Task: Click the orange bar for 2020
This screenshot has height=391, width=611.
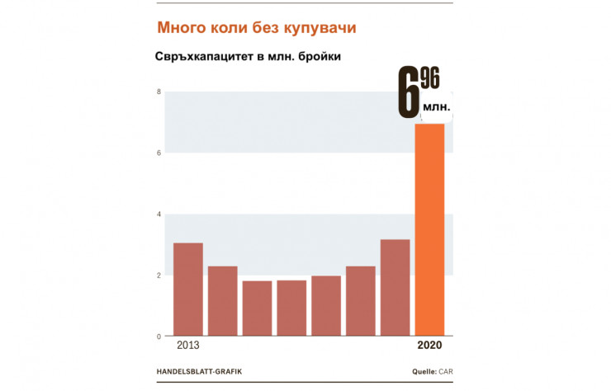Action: tap(429, 230)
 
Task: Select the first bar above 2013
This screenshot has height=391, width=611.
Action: tap(188, 290)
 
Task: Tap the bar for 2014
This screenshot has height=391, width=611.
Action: tap(223, 301)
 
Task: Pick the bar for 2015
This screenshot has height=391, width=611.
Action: tap(257, 309)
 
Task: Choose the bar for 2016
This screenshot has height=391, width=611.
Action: tap(291, 309)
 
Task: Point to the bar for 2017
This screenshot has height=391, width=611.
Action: tap(326, 306)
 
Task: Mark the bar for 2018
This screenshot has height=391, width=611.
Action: tap(361, 301)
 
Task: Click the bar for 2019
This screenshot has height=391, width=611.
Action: tap(395, 288)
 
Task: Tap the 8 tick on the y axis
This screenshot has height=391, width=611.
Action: tap(158, 92)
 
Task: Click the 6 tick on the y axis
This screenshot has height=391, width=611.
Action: tap(158, 153)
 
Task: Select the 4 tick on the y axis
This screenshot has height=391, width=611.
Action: tap(158, 214)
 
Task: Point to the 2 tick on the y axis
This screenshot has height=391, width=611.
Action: tap(158, 276)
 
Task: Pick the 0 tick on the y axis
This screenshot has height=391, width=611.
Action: tap(158, 337)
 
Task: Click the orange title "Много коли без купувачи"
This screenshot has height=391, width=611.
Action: tap(257, 28)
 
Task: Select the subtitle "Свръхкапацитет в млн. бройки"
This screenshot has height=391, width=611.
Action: tap(248, 58)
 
